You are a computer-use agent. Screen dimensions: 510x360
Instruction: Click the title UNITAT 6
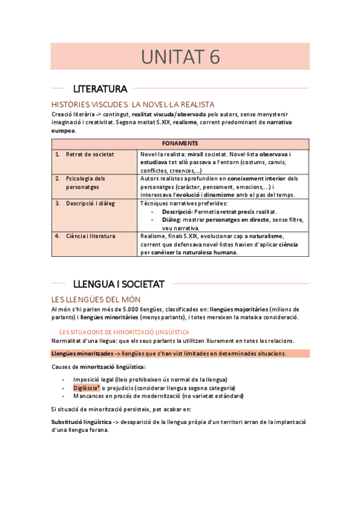click(x=180, y=57)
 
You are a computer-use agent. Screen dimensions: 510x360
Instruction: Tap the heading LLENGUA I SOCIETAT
click(x=123, y=283)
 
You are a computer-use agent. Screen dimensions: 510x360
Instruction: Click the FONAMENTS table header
click(x=180, y=144)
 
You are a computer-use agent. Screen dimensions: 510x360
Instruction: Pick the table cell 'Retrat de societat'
click(x=90, y=155)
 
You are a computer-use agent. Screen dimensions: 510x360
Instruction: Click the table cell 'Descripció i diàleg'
click(x=90, y=203)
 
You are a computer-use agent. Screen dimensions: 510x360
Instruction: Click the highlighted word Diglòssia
click(x=87, y=388)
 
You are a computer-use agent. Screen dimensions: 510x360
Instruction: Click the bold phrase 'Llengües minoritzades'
click(x=81, y=353)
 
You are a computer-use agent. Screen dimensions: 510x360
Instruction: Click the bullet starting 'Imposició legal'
click(x=149, y=379)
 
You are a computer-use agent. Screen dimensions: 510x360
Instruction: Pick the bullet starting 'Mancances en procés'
click(x=158, y=396)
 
